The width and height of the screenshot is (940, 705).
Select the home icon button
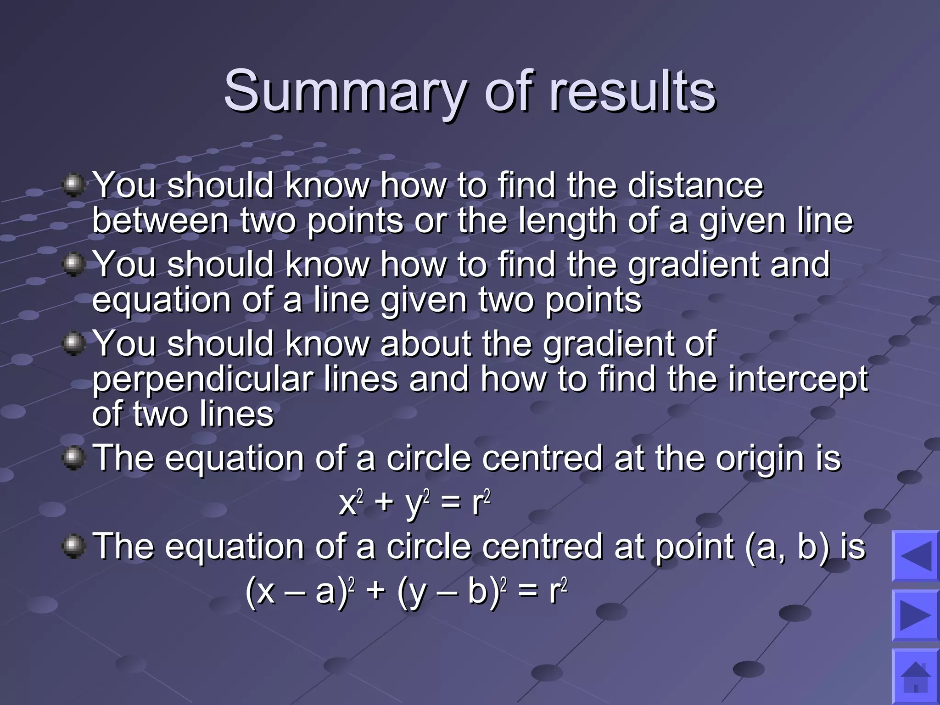[915, 677]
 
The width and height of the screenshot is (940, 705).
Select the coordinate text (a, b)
[787, 547]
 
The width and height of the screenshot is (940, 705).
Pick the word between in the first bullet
[161, 221]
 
